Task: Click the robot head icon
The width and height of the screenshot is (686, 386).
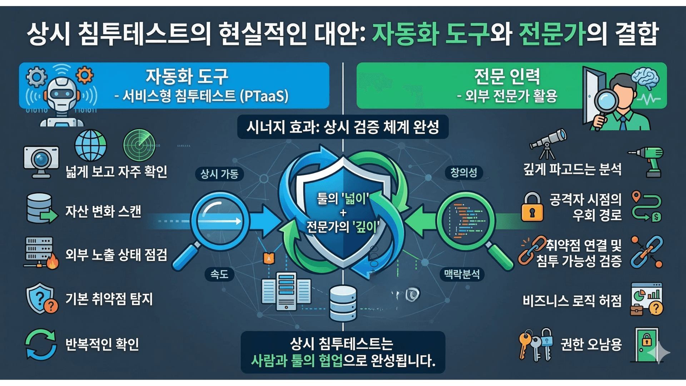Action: pos(61,94)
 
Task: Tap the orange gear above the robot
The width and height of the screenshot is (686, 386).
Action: pos(85,75)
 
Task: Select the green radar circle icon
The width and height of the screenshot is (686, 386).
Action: pos(139,145)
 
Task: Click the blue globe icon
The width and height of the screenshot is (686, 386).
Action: pos(90,145)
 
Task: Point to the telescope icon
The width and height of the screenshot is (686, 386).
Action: pos(548,143)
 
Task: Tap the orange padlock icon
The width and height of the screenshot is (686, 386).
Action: pos(532,208)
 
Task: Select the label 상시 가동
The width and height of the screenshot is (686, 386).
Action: pos(219,174)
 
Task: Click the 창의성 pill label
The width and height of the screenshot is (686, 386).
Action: pos(463,173)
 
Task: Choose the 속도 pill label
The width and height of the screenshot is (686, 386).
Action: pos(219,274)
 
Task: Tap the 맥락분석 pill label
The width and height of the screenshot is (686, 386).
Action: pos(462,274)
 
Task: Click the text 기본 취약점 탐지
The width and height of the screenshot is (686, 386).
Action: pos(109,299)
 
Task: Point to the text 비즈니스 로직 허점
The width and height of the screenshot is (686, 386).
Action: pos(572,301)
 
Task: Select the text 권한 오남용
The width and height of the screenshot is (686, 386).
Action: pos(591,344)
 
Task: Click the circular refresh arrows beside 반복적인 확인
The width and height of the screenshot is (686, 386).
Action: pos(40,345)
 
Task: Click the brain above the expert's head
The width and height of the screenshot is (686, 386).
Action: pos(645,78)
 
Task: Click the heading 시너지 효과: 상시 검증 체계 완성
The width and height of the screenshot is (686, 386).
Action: pos(343,127)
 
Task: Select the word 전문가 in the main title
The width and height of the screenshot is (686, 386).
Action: pos(552,34)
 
